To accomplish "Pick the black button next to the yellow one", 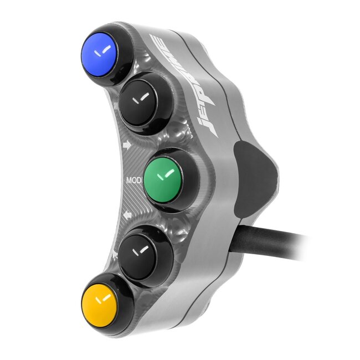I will [142, 250].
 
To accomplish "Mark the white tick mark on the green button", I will [163, 176].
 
